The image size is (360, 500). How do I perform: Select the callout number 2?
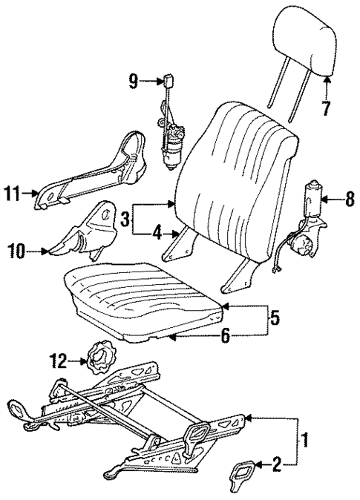[x=276, y=466]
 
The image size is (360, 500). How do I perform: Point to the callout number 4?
[x=157, y=233]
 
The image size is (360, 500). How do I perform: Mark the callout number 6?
[x=226, y=335]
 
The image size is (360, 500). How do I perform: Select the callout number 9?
[x=134, y=81]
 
